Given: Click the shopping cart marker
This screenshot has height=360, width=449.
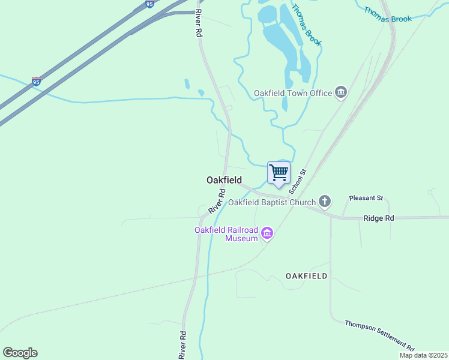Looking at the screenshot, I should [x=279, y=173].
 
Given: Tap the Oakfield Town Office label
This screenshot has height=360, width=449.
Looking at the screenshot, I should [x=292, y=93].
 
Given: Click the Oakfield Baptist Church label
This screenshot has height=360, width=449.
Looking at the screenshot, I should [x=271, y=202].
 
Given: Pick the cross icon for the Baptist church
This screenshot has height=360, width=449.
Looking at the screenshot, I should [x=325, y=201].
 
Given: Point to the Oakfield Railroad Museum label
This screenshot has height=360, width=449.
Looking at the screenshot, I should [x=226, y=234].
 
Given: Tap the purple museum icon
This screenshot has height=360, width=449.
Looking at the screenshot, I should [x=267, y=233].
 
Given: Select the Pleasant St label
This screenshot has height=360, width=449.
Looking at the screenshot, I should [x=366, y=197].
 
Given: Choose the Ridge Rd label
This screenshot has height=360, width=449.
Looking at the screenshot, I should [x=379, y=218].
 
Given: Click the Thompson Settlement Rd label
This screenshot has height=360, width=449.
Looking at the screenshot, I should [x=379, y=336].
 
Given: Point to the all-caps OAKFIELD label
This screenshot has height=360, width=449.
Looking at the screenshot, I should [x=306, y=276].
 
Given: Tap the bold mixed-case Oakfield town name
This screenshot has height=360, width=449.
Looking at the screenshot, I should [x=224, y=180].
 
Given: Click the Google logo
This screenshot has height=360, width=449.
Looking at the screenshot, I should [x=20, y=353].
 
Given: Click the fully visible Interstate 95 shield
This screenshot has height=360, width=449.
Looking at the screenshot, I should [x=37, y=81].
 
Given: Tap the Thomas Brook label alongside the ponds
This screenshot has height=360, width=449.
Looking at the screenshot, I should [x=307, y=25].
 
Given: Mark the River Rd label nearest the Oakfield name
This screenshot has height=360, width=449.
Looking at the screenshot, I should [x=217, y=202].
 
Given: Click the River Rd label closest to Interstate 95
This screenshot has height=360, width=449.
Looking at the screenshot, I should [x=198, y=25].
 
